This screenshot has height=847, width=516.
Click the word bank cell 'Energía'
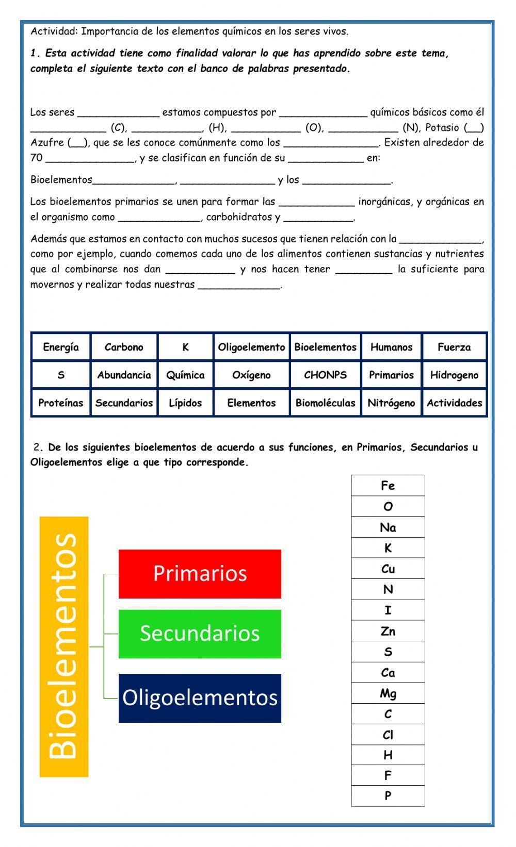pyautogui.click(x=61, y=347)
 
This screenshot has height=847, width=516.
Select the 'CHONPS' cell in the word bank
pyautogui.click(x=325, y=375)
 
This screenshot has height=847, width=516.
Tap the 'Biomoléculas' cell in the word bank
pyautogui.click(x=325, y=403)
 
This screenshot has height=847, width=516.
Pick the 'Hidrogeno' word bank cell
pyautogui.click(x=454, y=375)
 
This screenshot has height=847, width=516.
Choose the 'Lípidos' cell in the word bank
pyautogui.click(x=185, y=403)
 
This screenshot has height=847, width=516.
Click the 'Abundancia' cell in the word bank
pyautogui.click(x=124, y=375)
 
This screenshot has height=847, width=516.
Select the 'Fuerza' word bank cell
pyautogui.click(x=454, y=347)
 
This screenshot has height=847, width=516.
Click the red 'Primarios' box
pyautogui.click(x=200, y=574)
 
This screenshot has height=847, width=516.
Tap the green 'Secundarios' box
pyautogui.click(x=200, y=634)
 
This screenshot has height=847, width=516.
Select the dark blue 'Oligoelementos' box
pyautogui.click(x=200, y=697)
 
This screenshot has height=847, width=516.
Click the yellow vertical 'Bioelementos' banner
pyautogui.click(x=64, y=646)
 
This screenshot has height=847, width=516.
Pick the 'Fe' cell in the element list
pyautogui.click(x=388, y=486)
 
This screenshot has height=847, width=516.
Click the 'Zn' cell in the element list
pyautogui.click(x=388, y=631)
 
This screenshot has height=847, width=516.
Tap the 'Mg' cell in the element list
pyautogui.click(x=388, y=693)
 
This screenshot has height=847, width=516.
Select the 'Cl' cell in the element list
pyautogui.click(x=388, y=735)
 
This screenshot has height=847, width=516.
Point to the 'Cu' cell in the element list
pyautogui.click(x=388, y=569)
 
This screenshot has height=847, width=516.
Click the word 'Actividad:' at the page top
pyautogui.click(x=54, y=31)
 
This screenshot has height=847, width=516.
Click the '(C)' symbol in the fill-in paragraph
pyautogui.click(x=119, y=128)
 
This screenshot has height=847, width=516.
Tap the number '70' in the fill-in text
pyautogui.click(x=36, y=158)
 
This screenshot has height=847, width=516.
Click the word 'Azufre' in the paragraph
pyautogui.click(x=47, y=143)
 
